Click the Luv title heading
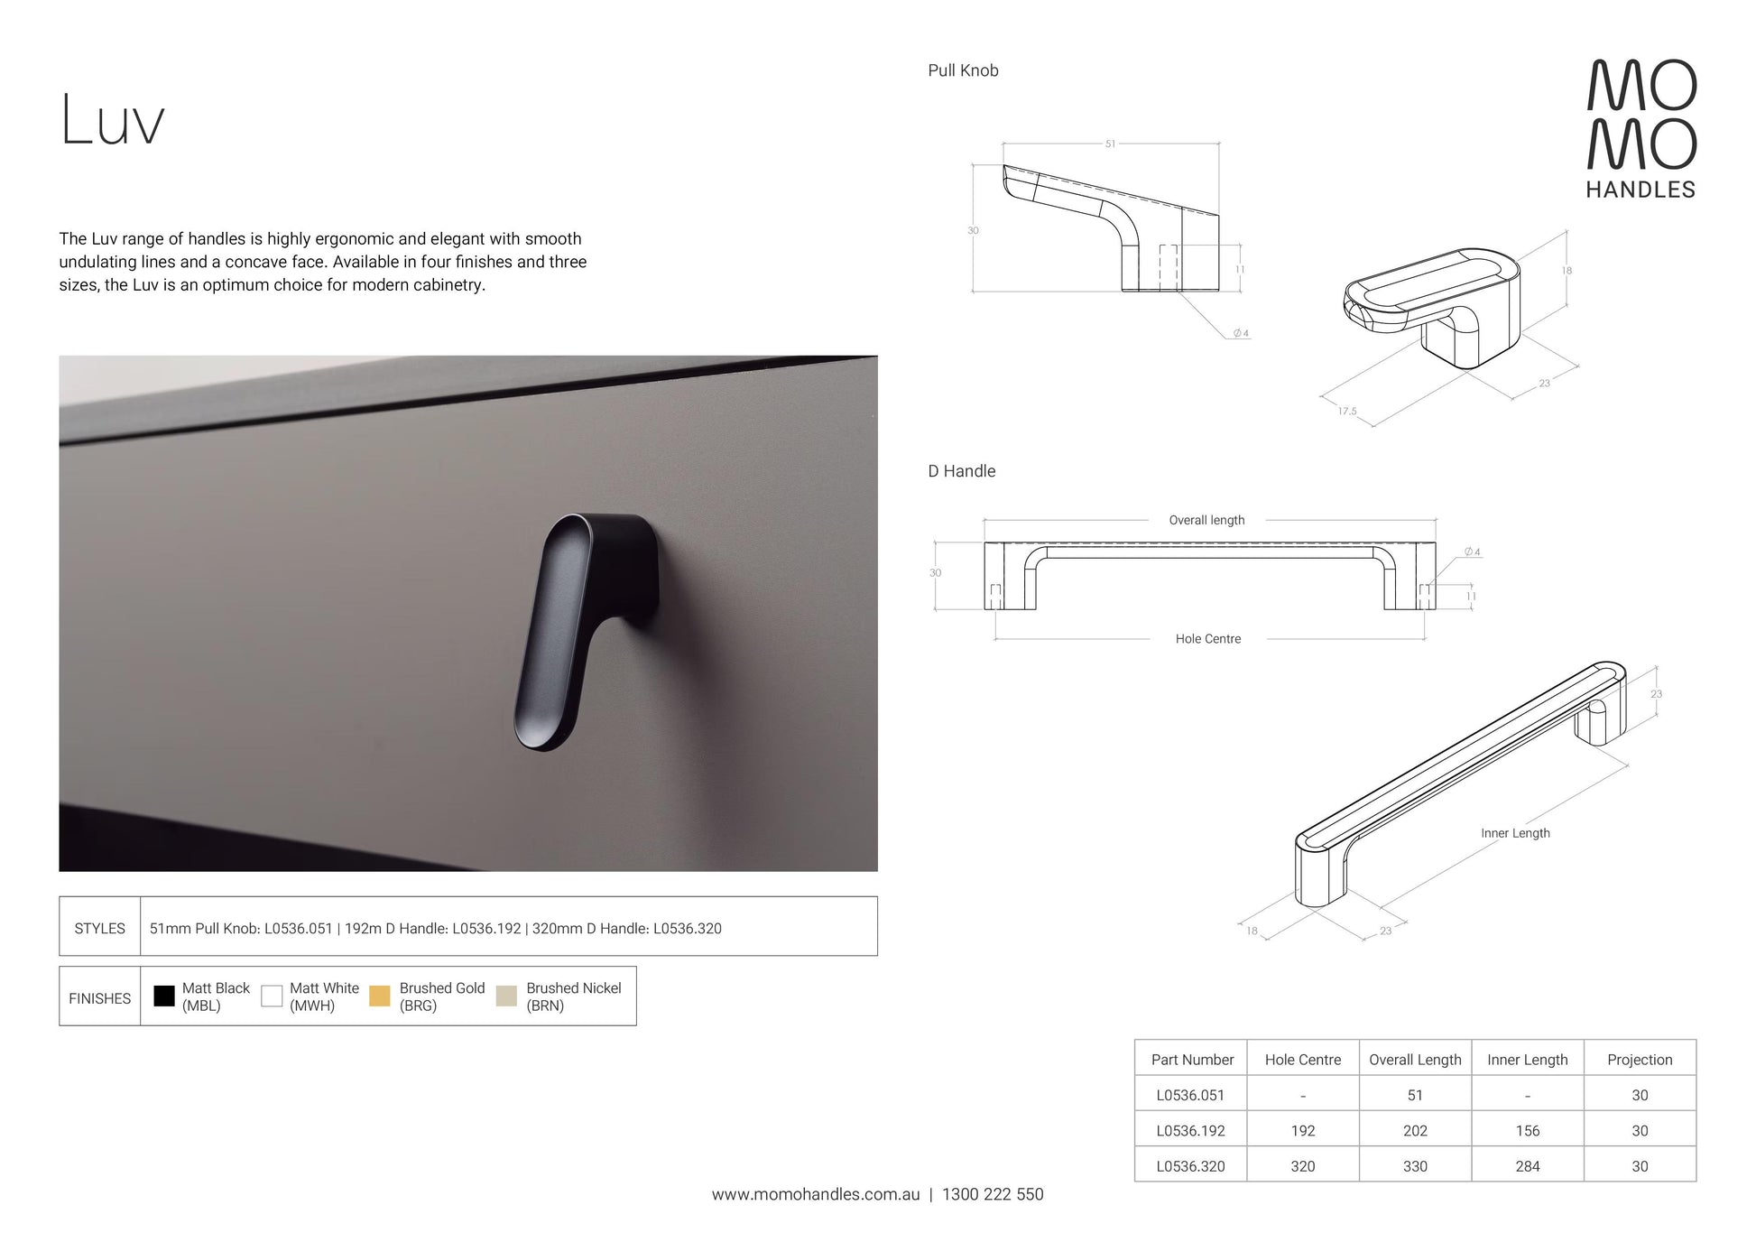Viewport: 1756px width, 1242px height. (x=113, y=120)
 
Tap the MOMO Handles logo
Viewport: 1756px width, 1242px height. (x=1641, y=128)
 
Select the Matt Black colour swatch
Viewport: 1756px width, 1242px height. (x=164, y=996)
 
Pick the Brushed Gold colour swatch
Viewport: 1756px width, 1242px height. (x=380, y=996)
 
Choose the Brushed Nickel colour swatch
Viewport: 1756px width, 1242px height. (x=506, y=996)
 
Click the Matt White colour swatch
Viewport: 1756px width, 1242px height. (x=272, y=996)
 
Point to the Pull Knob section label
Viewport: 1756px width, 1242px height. (x=963, y=70)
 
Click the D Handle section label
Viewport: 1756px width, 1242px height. (x=962, y=471)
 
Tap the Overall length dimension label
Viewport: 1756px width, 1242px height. (x=1206, y=520)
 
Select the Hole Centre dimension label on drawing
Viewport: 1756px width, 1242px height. (x=1208, y=639)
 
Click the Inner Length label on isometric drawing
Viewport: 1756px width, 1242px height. (x=1515, y=833)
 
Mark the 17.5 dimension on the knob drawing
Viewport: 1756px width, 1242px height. (x=1347, y=412)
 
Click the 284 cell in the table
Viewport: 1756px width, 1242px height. (x=1528, y=1166)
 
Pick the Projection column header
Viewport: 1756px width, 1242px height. (x=1640, y=1060)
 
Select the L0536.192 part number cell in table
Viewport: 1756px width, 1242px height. (x=1191, y=1131)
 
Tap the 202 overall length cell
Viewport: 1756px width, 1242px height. (x=1415, y=1131)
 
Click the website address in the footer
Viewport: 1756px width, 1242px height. (x=816, y=1194)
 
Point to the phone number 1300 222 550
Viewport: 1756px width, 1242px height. (x=993, y=1194)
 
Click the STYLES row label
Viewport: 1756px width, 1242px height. (x=100, y=928)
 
